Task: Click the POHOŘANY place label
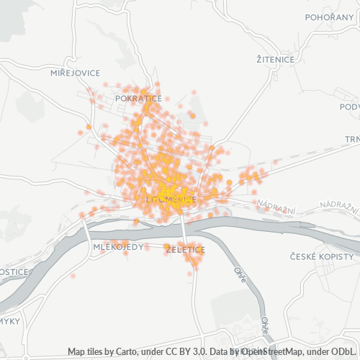330,17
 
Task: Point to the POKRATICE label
138,96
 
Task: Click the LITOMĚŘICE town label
171,197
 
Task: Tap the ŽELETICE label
185,250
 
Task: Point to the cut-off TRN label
351,139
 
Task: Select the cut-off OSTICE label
14,272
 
